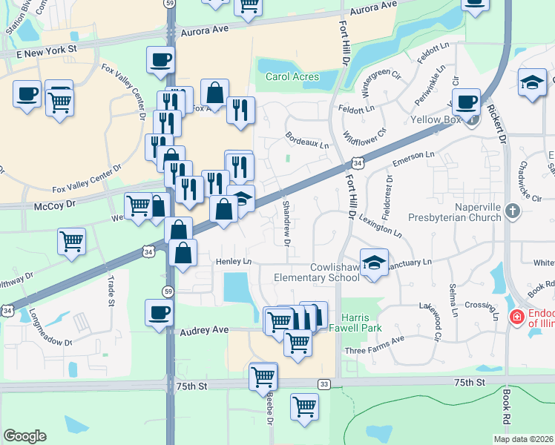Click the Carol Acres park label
[x=292, y=76]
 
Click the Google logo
[x=24, y=436]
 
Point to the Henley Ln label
[x=234, y=262]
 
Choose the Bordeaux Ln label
[x=307, y=140]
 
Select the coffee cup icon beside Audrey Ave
[x=160, y=312]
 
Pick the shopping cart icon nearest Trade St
[x=71, y=241]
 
